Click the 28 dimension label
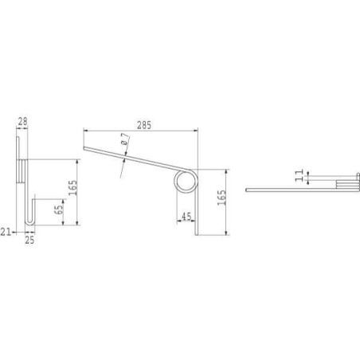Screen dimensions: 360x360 [22, 122]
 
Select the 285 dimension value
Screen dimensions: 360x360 [144, 125]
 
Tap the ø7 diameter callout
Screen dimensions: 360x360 [125, 139]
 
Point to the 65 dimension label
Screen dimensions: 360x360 [59, 208]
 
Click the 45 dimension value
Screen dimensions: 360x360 [186, 217]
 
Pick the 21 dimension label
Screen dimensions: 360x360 [6, 232]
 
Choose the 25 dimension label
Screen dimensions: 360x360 [29, 240]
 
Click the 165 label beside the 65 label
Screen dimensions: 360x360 [73, 188]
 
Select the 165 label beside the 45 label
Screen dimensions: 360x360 [222, 198]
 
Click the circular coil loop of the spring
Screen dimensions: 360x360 [186, 170]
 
